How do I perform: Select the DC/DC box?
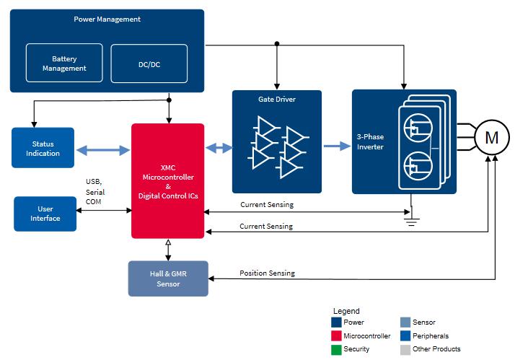coord(149,63)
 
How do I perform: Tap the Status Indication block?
coord(43,148)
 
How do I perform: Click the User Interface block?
coord(45,214)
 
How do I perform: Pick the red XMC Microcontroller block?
coord(167,180)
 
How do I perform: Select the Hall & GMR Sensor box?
coord(168,278)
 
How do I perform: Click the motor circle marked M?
coord(491,137)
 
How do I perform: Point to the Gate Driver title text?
coord(276,100)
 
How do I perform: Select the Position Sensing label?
coord(267,273)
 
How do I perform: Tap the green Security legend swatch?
coord(336,349)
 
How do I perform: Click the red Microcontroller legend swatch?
coord(336,335)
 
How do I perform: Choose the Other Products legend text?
coord(436,349)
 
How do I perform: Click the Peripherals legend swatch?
coord(405,335)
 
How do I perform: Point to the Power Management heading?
coord(107,19)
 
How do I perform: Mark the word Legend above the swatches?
coord(346,311)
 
